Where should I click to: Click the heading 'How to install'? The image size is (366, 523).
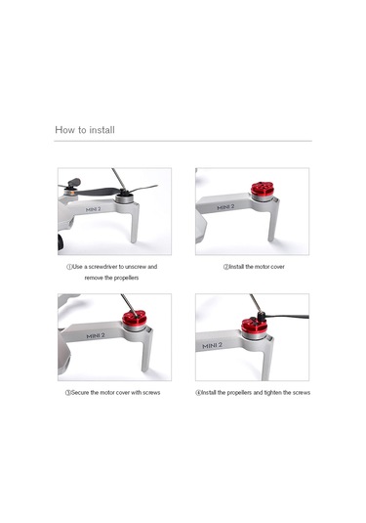click(86, 129)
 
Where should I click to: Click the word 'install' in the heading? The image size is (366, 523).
click(102, 129)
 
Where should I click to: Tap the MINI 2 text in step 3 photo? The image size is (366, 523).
click(95, 335)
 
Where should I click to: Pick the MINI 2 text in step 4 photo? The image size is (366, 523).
click(212, 345)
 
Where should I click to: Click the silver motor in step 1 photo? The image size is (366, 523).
click(124, 199)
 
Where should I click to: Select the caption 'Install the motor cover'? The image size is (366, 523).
click(256, 266)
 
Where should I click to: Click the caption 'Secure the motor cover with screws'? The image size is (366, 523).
click(115, 392)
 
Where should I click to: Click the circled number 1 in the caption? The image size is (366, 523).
click(68, 266)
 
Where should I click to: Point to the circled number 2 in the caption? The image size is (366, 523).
click(224, 266)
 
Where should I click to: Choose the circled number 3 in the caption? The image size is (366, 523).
click(68, 392)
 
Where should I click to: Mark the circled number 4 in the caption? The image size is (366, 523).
click(198, 392)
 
